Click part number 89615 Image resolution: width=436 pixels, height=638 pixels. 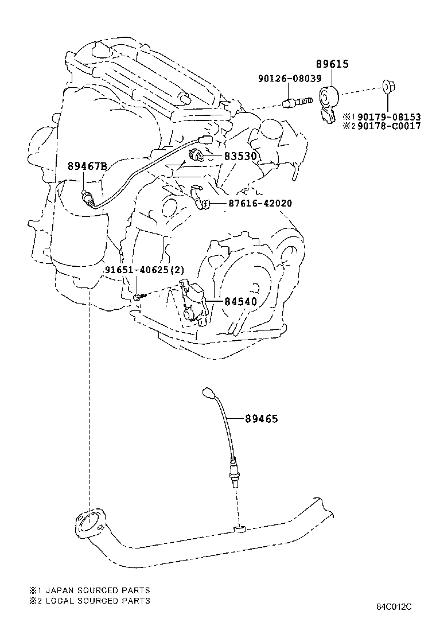tap(332, 64)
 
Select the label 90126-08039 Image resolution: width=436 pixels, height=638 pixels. tap(290, 78)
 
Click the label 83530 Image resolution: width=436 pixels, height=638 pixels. tap(241, 156)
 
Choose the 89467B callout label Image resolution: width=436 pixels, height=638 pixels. tap(87, 166)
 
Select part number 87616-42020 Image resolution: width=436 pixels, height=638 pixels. tap(260, 203)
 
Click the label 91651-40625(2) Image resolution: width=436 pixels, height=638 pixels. tap(145, 270)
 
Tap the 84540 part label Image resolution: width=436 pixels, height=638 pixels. tap(241, 302)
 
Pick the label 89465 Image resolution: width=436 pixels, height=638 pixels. tap(262, 419)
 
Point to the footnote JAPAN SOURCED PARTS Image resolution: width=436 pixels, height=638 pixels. tap(98, 590)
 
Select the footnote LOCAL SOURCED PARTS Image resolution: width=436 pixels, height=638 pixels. tap(98, 601)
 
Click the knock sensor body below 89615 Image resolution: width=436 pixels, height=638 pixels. tap(328, 104)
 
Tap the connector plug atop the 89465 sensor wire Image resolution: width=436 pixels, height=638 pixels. tap(209, 392)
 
